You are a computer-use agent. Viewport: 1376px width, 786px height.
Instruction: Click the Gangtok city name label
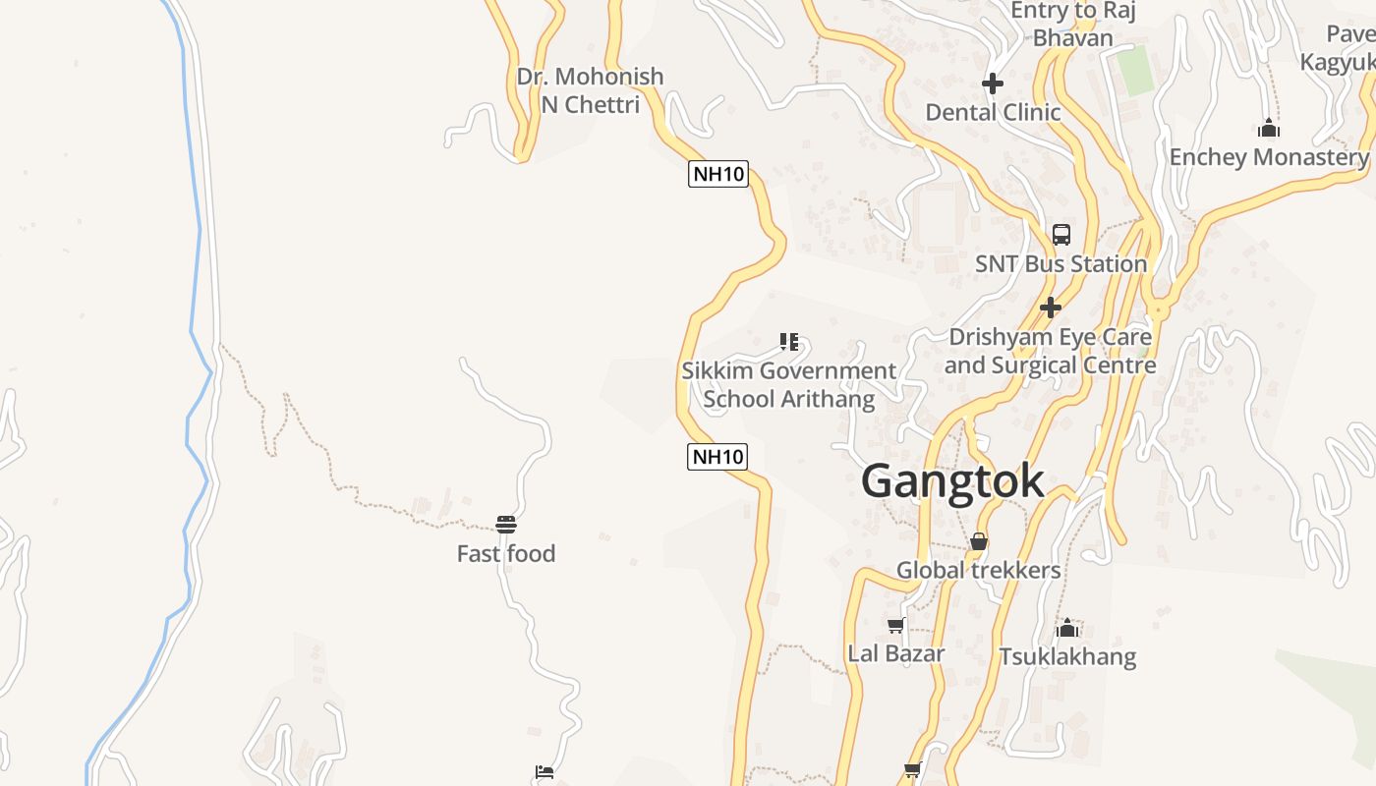click(952, 481)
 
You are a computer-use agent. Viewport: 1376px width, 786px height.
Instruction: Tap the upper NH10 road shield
click(718, 175)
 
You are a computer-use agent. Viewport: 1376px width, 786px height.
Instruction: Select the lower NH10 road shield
click(717, 456)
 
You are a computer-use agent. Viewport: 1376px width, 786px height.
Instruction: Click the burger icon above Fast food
click(506, 525)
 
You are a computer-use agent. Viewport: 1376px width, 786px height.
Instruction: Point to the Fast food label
click(506, 554)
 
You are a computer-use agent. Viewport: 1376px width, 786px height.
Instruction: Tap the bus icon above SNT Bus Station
click(1061, 235)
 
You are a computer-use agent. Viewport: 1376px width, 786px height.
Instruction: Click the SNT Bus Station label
click(1061, 264)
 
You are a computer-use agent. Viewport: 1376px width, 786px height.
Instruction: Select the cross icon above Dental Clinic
click(993, 84)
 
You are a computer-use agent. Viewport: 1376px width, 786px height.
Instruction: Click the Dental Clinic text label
click(993, 112)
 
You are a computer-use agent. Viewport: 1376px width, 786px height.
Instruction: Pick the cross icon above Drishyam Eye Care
click(1051, 308)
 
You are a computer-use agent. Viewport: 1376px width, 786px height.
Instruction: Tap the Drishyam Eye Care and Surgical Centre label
click(1050, 351)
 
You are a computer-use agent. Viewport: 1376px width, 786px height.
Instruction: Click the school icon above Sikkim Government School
click(789, 342)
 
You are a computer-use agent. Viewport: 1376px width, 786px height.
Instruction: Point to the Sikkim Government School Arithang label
click(789, 385)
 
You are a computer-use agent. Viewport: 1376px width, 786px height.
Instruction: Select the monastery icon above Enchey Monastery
click(1269, 128)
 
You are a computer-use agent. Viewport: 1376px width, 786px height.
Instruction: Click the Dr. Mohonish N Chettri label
click(591, 90)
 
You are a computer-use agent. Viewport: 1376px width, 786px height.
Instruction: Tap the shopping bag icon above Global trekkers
click(979, 541)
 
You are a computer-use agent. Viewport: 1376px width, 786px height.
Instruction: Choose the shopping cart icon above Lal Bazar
click(895, 626)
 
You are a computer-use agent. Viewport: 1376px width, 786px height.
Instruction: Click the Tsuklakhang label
click(1067, 656)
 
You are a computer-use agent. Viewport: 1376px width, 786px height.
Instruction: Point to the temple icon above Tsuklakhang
click(1067, 628)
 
